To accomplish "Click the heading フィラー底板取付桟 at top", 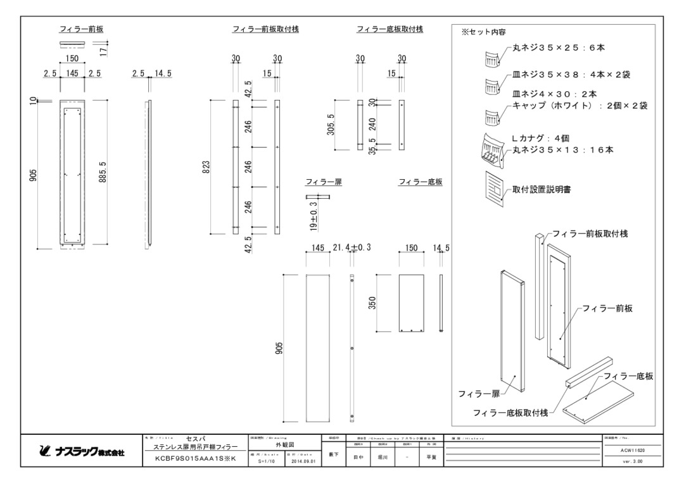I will pos(389,30).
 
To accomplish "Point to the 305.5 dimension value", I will pos(339,125).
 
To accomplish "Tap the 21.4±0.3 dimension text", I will pos(351,248).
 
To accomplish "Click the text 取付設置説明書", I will pos(540,189).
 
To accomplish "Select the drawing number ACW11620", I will pos(633,450).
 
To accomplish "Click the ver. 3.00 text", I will pos(633,461).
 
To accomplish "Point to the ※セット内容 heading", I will pos(483,32).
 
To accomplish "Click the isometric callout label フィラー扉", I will pos(479,394).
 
